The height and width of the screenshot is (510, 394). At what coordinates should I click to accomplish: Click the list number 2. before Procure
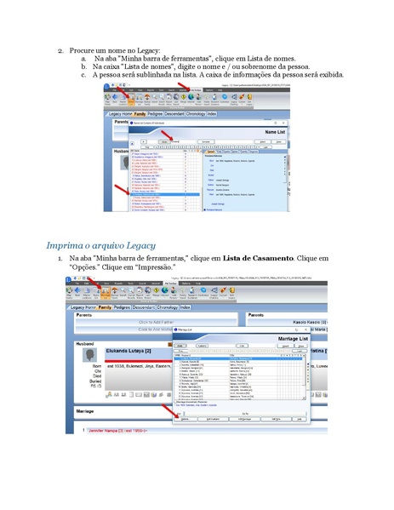click(x=61, y=51)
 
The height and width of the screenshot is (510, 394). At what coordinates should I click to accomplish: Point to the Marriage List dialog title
click(x=289, y=339)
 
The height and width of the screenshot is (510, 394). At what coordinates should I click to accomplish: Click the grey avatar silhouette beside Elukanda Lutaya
click(x=85, y=362)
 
